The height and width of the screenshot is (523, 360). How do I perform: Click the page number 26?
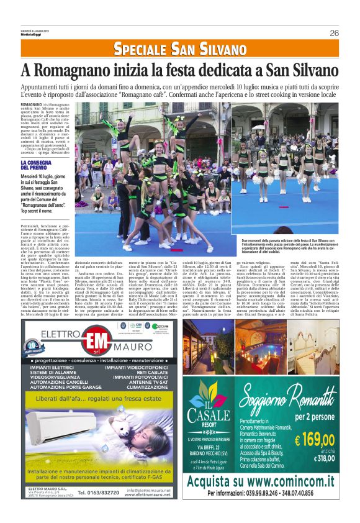(334, 33)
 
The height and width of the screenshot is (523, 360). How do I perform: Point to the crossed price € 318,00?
(321, 458)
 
